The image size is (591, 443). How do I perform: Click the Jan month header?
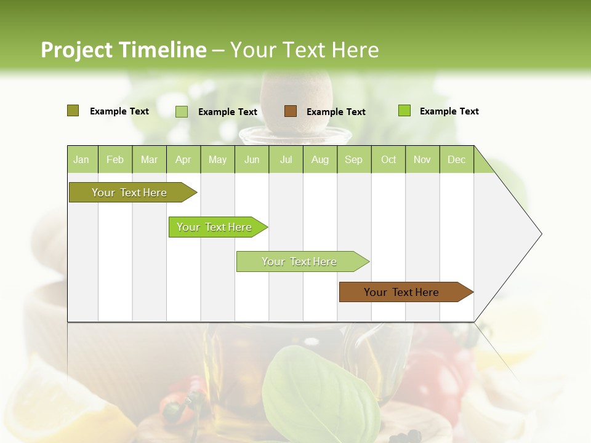tap(81, 160)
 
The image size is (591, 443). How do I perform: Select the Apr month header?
tap(183, 160)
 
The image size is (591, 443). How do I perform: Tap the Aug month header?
tap(320, 160)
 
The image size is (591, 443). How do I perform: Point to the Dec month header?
tap(456, 160)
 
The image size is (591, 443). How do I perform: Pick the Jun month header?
tap(251, 160)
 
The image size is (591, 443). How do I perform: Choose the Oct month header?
tap(388, 160)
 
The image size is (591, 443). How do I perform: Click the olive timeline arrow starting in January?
tap(129, 193)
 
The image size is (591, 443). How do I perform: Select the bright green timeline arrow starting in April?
tap(214, 227)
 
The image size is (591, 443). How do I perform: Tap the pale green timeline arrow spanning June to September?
tap(299, 261)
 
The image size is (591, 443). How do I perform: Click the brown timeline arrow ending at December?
tap(401, 292)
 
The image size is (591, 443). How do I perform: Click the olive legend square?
tap(73, 111)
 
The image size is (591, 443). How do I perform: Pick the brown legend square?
tap(291, 111)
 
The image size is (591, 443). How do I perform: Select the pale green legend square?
tap(182, 111)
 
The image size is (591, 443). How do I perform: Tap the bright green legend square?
tap(404, 111)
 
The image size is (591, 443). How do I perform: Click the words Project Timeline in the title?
tap(123, 50)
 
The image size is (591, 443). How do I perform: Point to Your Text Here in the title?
tap(304, 50)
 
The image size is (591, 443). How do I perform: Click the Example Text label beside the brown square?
tap(336, 112)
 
